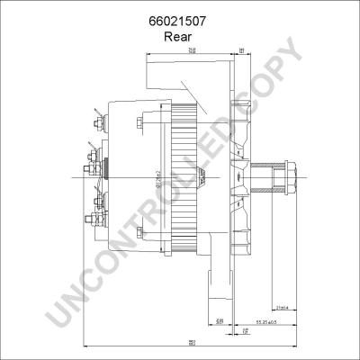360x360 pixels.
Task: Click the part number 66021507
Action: click(x=179, y=21)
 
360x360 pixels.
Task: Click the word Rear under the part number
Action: click(x=179, y=37)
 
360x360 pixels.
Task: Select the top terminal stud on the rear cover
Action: click(x=94, y=115)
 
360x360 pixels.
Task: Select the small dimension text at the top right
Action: click(x=243, y=51)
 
